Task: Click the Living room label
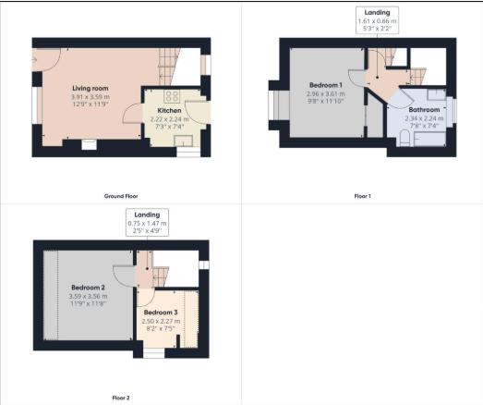coord(90,89)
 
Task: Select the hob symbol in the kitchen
coord(172,95)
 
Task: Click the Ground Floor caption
coord(121,197)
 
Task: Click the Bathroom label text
coord(425,110)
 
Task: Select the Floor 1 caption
coord(362,197)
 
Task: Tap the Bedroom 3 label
coord(162,313)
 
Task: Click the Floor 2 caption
coord(121,398)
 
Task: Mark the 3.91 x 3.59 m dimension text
coord(90,97)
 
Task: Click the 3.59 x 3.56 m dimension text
coord(90,295)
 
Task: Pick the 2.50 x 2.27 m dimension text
coord(163,321)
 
